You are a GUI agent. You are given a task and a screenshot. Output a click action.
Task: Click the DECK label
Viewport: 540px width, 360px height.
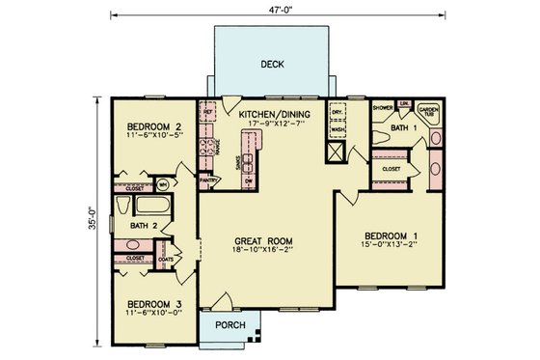272,65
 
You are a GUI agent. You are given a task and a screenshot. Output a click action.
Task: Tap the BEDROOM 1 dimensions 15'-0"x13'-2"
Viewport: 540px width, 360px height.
391,246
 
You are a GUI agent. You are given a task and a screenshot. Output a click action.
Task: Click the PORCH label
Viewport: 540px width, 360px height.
225,324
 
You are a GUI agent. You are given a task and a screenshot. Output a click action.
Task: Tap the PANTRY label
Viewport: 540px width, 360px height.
206,180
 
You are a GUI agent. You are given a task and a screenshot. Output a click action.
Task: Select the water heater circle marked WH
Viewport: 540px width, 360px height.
164,182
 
